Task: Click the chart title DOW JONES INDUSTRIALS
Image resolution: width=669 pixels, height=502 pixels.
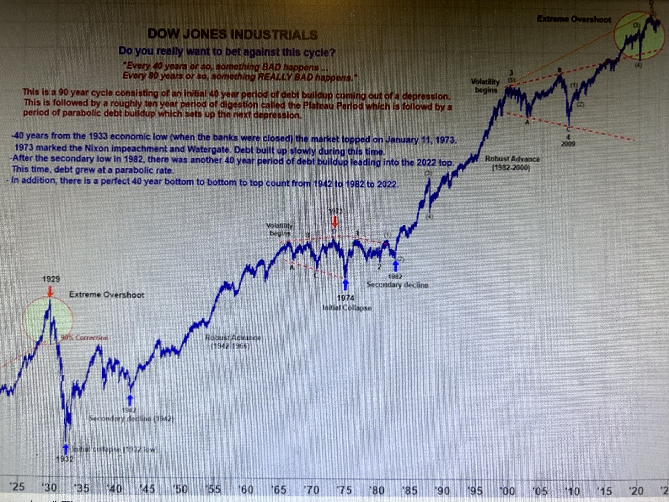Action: pos(233,35)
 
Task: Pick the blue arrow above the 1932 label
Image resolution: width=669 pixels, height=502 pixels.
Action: pos(66,449)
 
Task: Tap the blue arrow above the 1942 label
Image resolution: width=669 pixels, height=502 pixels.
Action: pos(130,400)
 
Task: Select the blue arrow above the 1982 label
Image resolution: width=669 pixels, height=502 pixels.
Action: pos(396,266)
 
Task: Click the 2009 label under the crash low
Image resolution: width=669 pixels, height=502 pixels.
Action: pos(568,144)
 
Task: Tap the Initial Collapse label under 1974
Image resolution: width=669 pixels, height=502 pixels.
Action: pos(347,308)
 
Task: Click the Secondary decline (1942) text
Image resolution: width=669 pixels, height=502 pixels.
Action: pos(131,419)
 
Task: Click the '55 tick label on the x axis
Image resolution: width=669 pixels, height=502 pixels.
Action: pos(213,489)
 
